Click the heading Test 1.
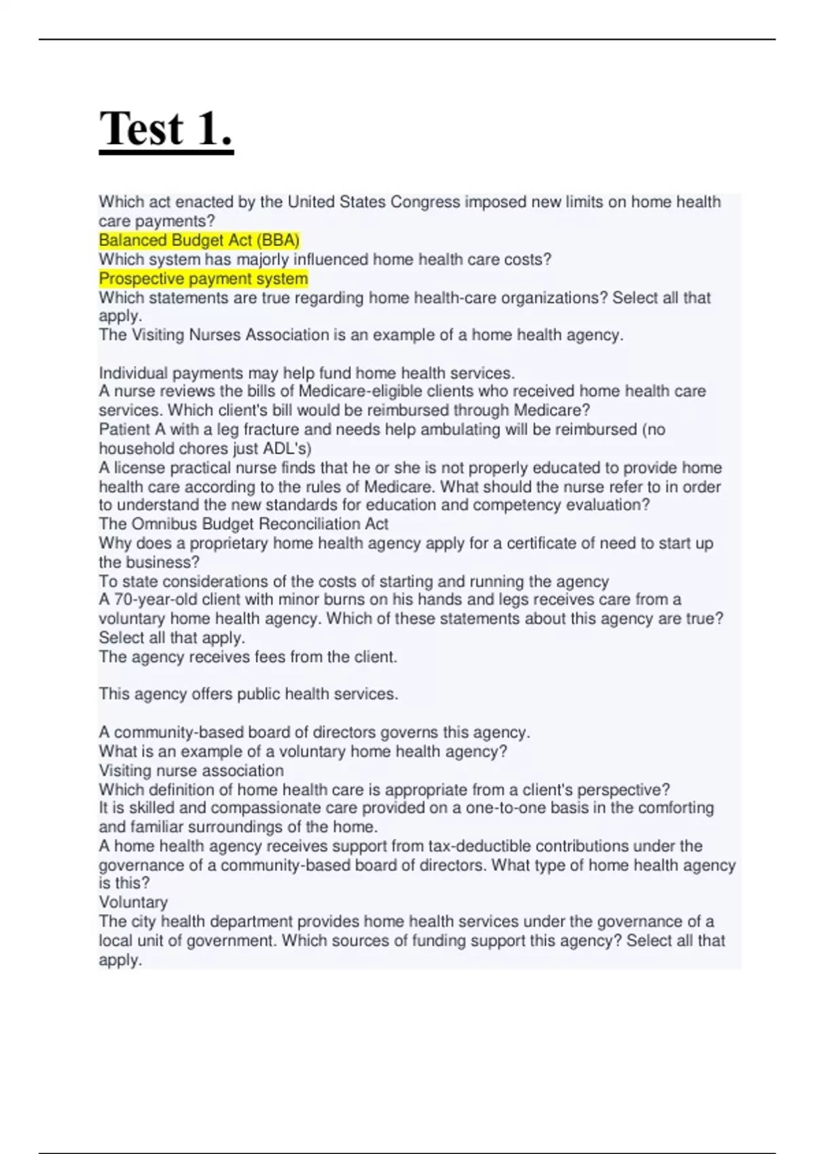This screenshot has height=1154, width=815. [x=166, y=129]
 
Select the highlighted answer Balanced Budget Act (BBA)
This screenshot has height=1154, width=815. [x=199, y=240]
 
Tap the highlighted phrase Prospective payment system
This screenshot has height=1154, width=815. [x=203, y=279]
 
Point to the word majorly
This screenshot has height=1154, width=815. [x=262, y=259]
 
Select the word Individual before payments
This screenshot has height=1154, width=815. [x=133, y=373]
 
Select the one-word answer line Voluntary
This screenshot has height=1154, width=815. [x=133, y=902]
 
